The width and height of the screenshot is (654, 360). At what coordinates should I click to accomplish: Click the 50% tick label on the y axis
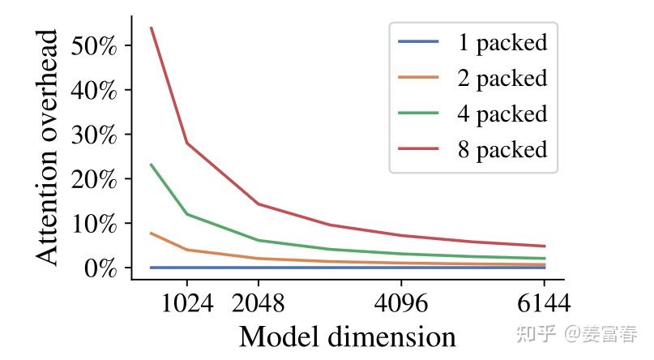94,45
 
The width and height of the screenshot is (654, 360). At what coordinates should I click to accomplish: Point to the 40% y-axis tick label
94,89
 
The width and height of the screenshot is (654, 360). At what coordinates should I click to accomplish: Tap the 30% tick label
94,134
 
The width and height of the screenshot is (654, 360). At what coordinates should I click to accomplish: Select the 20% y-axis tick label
94,178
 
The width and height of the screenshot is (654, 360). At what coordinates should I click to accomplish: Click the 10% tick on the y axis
94,223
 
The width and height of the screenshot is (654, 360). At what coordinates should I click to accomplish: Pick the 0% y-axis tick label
100,268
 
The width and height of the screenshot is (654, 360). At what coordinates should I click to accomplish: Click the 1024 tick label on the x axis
187,303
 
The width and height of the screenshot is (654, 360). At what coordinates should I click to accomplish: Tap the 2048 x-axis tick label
258,303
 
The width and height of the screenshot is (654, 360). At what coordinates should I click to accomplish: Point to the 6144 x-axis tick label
544,303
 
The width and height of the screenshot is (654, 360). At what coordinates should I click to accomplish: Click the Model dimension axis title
347,336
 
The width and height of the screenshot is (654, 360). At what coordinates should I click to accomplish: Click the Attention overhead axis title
49,148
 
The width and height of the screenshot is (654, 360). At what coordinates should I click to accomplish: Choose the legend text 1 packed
502,42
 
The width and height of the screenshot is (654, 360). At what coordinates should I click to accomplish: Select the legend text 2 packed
502,78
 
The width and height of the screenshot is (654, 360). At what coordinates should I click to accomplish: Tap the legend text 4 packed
502,114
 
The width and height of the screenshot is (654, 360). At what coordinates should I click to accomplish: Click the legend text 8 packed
502,149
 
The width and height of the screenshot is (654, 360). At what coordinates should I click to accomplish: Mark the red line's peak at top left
152,28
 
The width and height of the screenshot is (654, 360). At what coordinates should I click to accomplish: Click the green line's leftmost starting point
152,165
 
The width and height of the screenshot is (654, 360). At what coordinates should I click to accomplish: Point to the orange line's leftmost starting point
152,233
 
